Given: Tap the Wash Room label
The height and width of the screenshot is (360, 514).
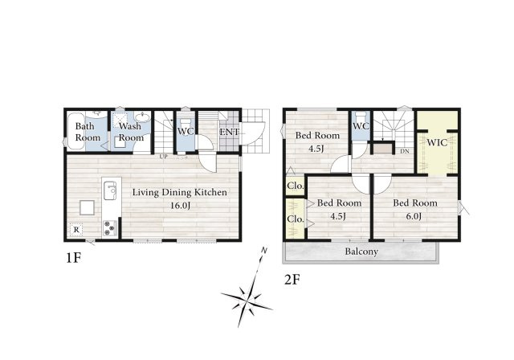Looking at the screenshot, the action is (x=130, y=132).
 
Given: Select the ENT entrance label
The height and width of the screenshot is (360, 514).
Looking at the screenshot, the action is (x=229, y=132).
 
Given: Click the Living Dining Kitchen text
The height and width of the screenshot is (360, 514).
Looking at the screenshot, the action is (x=180, y=192).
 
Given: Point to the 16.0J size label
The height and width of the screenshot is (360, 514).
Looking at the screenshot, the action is (x=180, y=206).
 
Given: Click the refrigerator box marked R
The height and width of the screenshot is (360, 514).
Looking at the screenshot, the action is (x=76, y=230).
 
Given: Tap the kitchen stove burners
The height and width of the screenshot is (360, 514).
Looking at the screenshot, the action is (x=110, y=228).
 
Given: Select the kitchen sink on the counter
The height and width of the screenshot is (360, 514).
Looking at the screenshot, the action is (x=110, y=190).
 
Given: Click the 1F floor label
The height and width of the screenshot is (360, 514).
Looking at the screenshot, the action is (x=73, y=258).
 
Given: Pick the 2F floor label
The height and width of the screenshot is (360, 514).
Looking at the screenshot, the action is (x=292, y=280).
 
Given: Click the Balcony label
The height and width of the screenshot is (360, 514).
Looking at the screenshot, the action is (x=361, y=252).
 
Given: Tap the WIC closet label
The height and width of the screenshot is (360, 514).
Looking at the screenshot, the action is (x=437, y=142).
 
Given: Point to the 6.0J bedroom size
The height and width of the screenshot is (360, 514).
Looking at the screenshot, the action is (x=414, y=216).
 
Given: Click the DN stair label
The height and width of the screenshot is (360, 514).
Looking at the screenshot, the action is (x=405, y=152).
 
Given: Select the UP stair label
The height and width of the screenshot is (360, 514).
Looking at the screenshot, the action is (x=164, y=157).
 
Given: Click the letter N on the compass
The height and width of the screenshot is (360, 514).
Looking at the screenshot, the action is (x=264, y=251).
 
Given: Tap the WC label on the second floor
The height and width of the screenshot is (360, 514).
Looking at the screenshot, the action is (x=361, y=126).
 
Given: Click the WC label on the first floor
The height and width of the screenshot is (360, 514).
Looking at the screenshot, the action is (x=186, y=131).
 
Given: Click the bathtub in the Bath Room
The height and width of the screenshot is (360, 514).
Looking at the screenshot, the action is (x=76, y=132).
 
